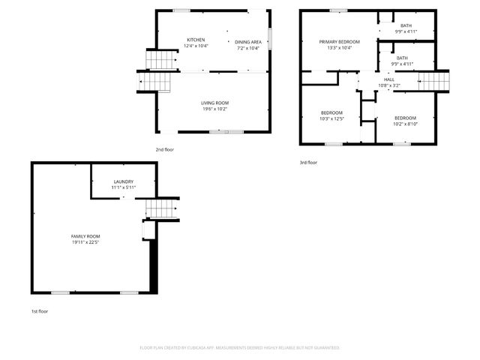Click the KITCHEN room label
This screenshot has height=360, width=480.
tap(196, 40)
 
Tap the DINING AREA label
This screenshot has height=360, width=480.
tap(247, 42)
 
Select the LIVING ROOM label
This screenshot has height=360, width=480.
tap(214, 103)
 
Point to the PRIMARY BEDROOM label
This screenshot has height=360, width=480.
tap(339, 42)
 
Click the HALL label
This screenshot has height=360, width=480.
tap(389, 79)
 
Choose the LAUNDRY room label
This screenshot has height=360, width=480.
tap(124, 181)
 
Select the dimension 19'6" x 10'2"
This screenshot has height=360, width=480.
tap(214, 109)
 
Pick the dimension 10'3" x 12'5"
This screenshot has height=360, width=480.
tap(331, 118)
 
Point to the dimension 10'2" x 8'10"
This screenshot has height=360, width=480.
tap(405, 124)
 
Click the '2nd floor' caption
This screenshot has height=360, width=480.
tap(164, 150)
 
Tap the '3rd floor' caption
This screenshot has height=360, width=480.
tap(307, 162)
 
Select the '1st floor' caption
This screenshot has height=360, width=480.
tap(39, 310)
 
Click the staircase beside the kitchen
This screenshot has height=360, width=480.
tap(157, 67)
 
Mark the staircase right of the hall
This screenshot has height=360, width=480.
tap(436, 79)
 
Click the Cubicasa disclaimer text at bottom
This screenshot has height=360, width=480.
tap(240, 348)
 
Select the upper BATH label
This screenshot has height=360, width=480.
tap(406, 25)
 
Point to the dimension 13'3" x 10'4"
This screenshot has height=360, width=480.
tap(339, 48)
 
